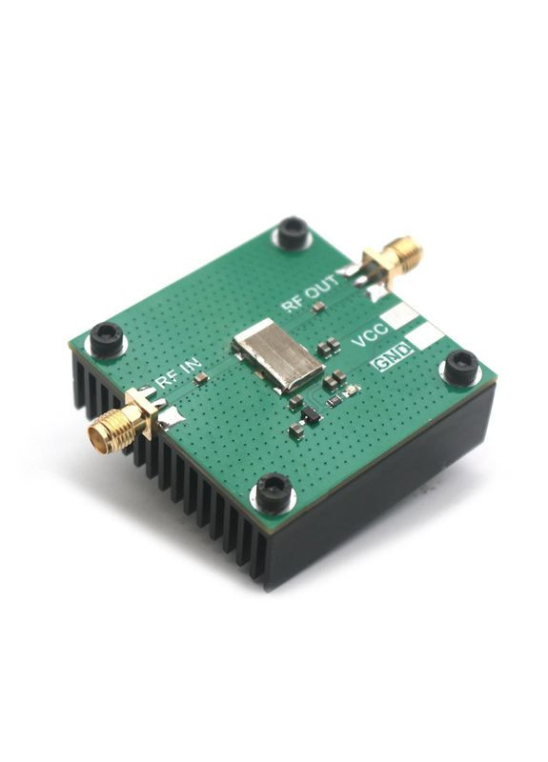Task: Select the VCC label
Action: pos(370,335)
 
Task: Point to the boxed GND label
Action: pos(393,357)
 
